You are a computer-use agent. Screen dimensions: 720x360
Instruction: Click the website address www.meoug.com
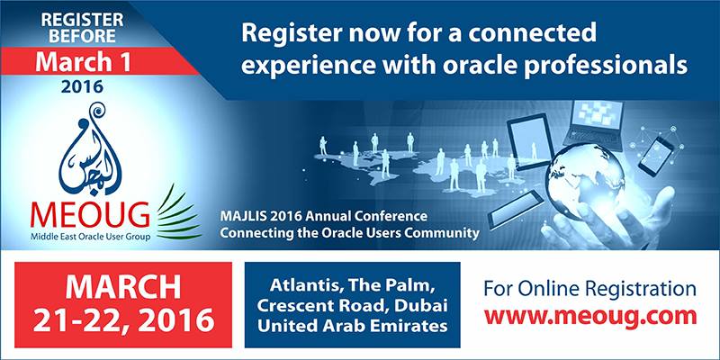(x=590, y=317)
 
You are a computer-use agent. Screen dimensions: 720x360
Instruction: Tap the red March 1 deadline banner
(x=92, y=62)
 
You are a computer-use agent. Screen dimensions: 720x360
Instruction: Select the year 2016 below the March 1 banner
(x=83, y=86)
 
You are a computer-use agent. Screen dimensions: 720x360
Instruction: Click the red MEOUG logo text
(x=90, y=214)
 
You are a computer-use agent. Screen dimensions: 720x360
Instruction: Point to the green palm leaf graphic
(x=178, y=212)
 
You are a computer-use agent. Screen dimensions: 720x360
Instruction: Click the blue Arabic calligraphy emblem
(x=90, y=149)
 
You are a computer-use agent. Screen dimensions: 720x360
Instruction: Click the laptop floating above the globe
(x=594, y=124)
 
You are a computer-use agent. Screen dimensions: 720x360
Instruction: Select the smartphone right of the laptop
(x=656, y=157)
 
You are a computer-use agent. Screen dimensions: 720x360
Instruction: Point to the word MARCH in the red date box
(x=123, y=287)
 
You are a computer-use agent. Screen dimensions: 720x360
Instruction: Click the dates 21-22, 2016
(x=123, y=319)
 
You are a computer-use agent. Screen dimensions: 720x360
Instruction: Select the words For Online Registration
(x=590, y=290)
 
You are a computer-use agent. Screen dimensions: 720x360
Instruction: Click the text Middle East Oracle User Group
(x=90, y=237)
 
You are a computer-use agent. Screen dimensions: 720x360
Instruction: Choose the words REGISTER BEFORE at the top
(x=82, y=28)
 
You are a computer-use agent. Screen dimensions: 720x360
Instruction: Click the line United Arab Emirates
(x=352, y=326)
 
